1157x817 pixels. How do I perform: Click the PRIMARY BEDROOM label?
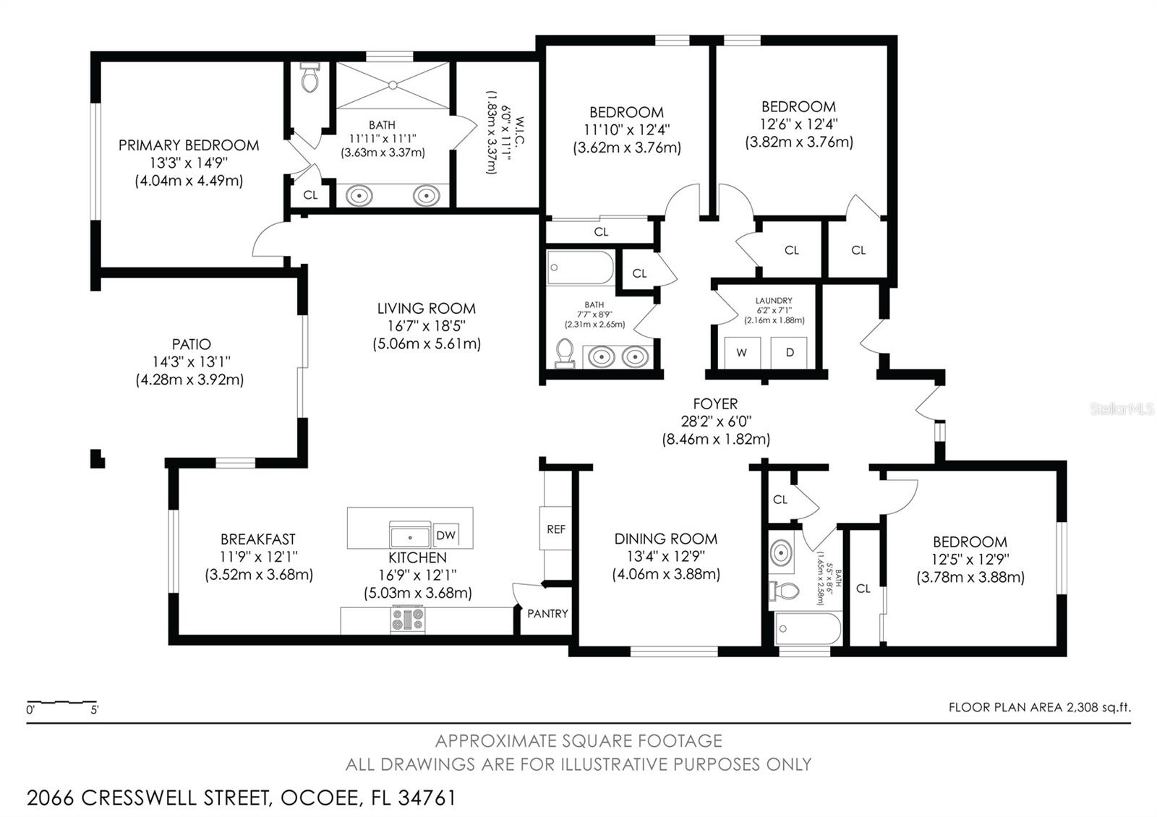point(189,145)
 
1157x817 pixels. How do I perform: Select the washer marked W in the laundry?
point(742,353)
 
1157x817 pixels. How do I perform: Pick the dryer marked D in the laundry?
point(789,353)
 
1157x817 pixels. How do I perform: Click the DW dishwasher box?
point(445,536)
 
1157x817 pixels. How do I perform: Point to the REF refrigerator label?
point(556,529)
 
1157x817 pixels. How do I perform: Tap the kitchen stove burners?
point(408,620)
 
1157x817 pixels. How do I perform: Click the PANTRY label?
point(547,614)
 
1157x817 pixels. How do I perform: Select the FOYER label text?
point(715,403)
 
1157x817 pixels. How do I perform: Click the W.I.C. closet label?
point(520,131)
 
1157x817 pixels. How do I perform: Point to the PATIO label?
point(191,344)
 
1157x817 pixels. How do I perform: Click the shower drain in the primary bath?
point(393,85)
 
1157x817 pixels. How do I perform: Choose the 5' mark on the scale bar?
point(95,709)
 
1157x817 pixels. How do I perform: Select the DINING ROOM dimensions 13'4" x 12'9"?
point(666,556)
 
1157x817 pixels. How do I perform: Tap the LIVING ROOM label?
point(426,308)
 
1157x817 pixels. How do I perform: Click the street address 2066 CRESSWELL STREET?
point(150,798)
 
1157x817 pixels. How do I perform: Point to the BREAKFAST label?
point(258,539)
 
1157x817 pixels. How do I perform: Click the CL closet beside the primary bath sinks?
point(310,195)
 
